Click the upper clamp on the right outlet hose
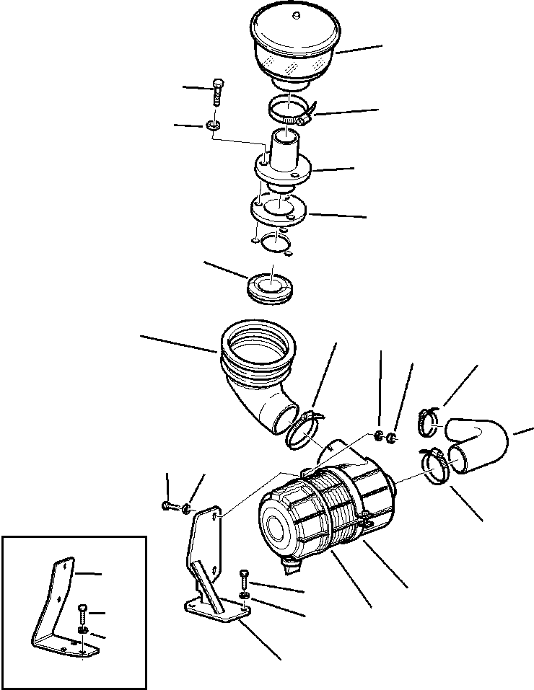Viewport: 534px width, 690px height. (x=428, y=421)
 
